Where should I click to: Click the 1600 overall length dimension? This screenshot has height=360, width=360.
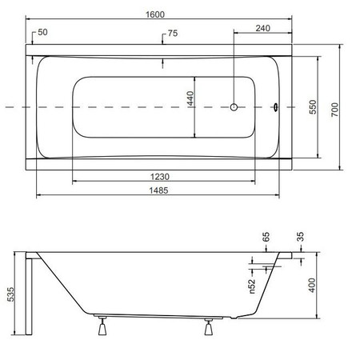click(155, 14)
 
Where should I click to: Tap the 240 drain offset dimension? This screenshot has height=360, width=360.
click(263, 28)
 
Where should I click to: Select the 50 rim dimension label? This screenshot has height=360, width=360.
click(42, 32)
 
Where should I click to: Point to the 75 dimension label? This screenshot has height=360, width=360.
click(173, 34)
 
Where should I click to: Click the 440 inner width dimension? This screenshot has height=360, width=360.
click(190, 98)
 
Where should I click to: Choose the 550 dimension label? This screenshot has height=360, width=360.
click(313, 107)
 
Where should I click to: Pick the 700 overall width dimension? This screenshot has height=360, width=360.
click(334, 110)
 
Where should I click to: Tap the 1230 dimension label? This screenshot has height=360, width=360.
click(160, 177)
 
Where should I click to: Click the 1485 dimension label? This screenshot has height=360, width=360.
click(158, 190)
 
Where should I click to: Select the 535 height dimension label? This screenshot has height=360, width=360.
click(10, 294)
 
